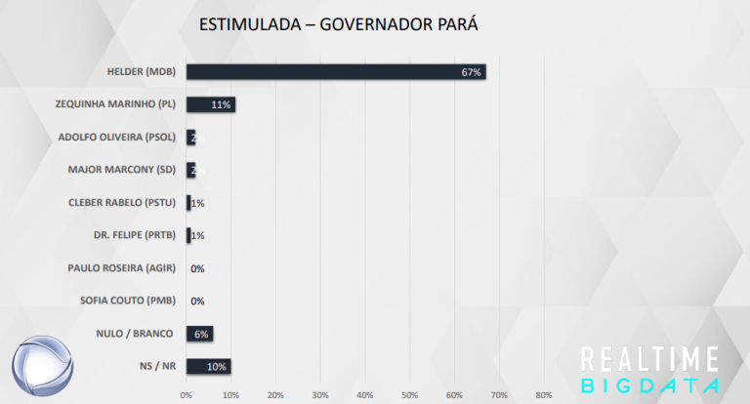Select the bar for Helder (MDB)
(335, 72)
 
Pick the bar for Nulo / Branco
(199, 334)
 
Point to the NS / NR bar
(208, 366)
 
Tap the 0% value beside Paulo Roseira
(197, 268)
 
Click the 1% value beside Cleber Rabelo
(197, 203)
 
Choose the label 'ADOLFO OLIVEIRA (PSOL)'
(123, 138)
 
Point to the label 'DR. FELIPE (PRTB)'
(135, 235)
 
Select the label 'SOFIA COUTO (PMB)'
(127, 301)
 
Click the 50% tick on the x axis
(410, 395)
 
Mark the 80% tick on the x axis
(544, 395)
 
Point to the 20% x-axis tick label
(275, 395)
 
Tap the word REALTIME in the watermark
(649, 357)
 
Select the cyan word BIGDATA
(649, 385)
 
